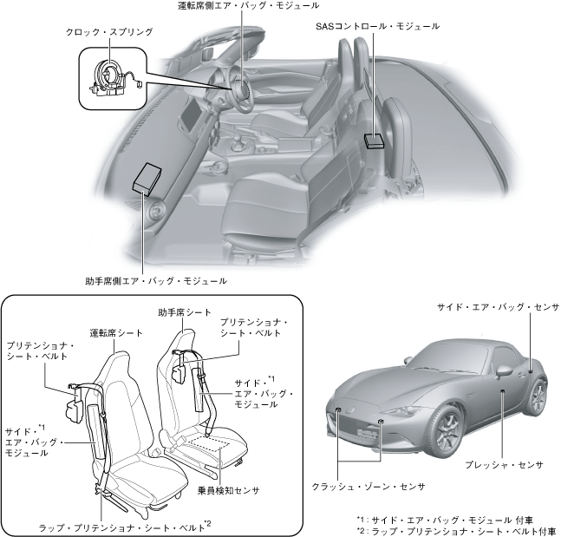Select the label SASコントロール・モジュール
pyautogui.click(x=377, y=27)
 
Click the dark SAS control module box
pyautogui.click(x=375, y=139)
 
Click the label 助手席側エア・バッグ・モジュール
pyautogui.click(x=156, y=281)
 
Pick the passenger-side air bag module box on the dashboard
pyautogui.click(x=149, y=179)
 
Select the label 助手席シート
pyautogui.click(x=185, y=311)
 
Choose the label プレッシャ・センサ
pyautogui.click(x=503, y=465)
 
